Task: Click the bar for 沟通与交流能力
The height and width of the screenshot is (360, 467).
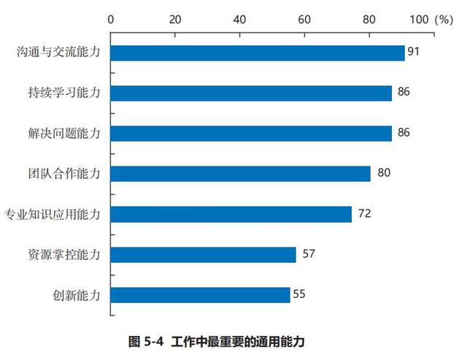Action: click(x=257, y=53)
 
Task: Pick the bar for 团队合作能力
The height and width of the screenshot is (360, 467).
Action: click(x=240, y=174)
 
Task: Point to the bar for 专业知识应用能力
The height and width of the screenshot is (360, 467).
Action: click(x=231, y=214)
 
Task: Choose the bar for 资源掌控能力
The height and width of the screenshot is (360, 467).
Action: click(x=203, y=255)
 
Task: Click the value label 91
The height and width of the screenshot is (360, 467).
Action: click(x=414, y=53)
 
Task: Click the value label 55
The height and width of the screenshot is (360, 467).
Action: click(x=298, y=295)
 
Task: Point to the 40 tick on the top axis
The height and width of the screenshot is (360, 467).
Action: click(x=239, y=20)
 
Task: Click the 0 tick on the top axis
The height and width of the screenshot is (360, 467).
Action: click(x=110, y=20)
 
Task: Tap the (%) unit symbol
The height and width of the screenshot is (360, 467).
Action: click(x=443, y=20)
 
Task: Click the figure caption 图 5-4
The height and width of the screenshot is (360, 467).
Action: click(x=148, y=341)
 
